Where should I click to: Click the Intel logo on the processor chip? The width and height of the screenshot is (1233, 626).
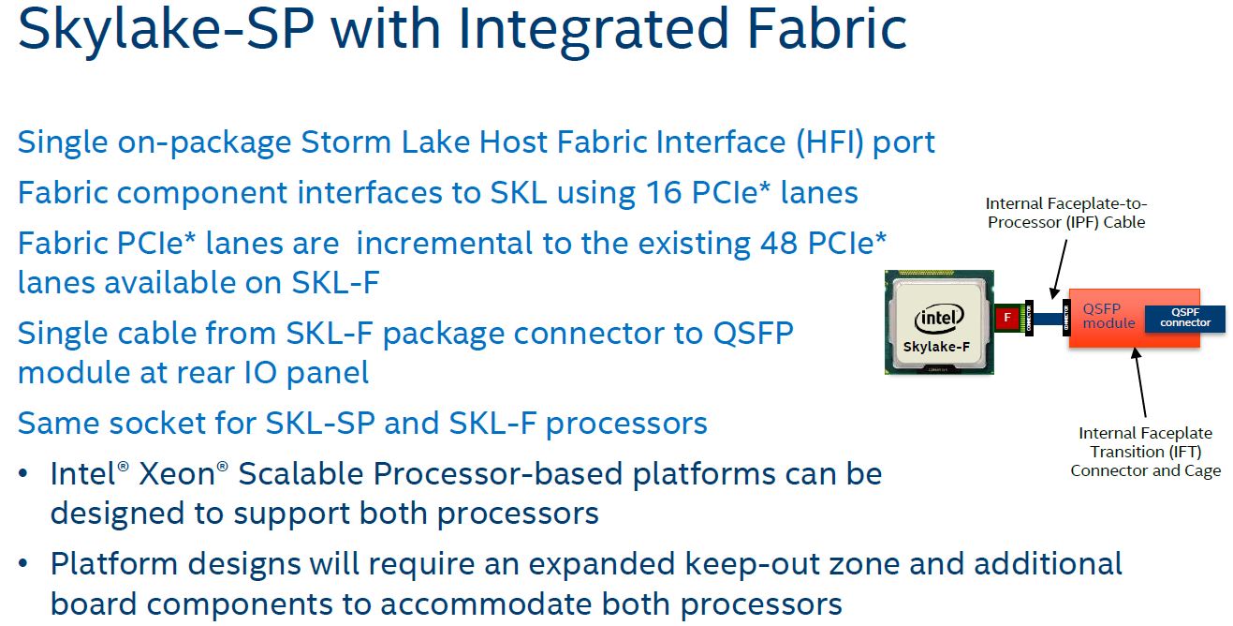pos(939,319)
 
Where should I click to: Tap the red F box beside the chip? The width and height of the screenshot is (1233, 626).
pos(1006,318)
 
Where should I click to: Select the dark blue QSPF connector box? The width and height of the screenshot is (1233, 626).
pos(1185,319)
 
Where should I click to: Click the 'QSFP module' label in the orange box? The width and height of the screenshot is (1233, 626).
pos(1108,316)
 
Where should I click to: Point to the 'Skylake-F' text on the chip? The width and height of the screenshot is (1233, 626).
pos(936,347)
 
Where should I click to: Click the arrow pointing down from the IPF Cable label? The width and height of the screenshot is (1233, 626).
pos(1060,270)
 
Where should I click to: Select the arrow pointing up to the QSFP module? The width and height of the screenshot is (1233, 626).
pos(1139,382)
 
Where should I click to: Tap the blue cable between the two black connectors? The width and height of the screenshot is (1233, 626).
pos(1048,319)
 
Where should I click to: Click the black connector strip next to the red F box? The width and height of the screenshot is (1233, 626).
pos(1028,318)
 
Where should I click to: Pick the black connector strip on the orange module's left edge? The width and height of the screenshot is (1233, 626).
pos(1066,318)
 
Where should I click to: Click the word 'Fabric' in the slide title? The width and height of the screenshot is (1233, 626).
pos(827,29)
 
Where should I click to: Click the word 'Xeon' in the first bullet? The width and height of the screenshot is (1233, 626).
pos(177,474)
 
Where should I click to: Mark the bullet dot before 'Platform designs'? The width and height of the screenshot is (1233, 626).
pos(23,564)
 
